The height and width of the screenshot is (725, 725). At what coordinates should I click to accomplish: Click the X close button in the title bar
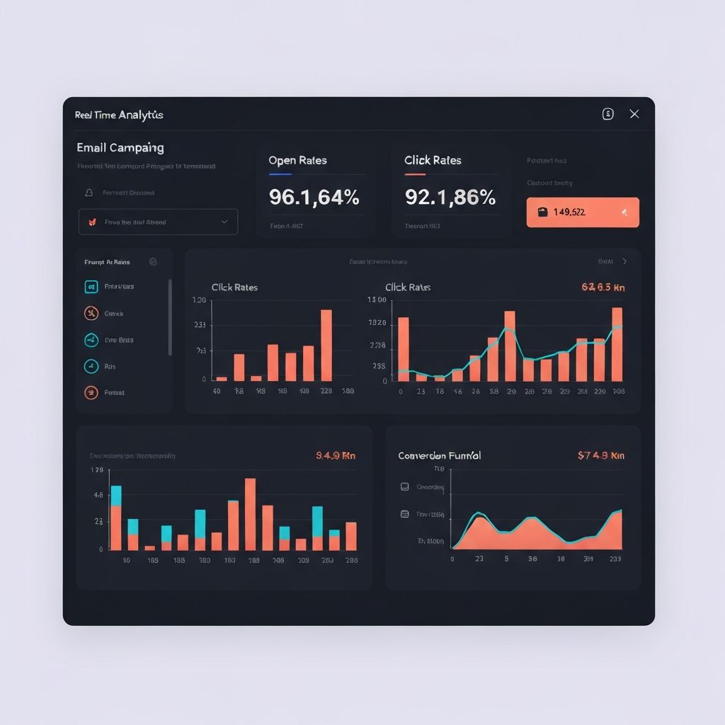click(x=634, y=114)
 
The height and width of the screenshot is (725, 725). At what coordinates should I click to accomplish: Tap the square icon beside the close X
click(x=607, y=114)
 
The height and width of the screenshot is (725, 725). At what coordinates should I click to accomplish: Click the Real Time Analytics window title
click(x=119, y=115)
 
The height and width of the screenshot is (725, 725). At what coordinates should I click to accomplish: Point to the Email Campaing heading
click(x=120, y=148)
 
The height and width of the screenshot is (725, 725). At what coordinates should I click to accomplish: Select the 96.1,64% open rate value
click(x=314, y=197)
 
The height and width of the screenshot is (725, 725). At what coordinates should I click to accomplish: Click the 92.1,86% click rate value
click(x=450, y=197)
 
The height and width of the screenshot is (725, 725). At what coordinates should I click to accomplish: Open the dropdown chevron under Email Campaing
click(x=224, y=222)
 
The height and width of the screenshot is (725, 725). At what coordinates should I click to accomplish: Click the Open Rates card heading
click(x=297, y=161)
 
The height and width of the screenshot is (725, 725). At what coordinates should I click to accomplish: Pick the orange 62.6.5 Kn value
click(x=603, y=287)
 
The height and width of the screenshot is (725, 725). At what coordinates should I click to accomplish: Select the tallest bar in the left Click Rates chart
click(x=326, y=345)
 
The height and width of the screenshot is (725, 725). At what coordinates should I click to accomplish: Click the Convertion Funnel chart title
click(x=439, y=456)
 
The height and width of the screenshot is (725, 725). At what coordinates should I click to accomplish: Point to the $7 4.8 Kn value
click(x=601, y=456)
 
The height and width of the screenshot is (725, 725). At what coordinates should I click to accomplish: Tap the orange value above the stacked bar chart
click(x=336, y=456)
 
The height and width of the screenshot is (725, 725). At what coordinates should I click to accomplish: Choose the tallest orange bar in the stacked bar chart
click(x=250, y=514)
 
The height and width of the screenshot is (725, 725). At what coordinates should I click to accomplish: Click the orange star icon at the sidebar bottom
click(x=91, y=392)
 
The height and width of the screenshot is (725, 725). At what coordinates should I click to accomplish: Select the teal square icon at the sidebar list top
click(x=91, y=287)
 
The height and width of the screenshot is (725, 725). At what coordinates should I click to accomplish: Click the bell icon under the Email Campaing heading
click(x=89, y=193)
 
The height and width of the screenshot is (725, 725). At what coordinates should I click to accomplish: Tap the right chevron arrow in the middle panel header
click(x=624, y=261)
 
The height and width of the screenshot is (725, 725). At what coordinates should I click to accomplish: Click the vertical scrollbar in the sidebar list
click(x=170, y=317)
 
